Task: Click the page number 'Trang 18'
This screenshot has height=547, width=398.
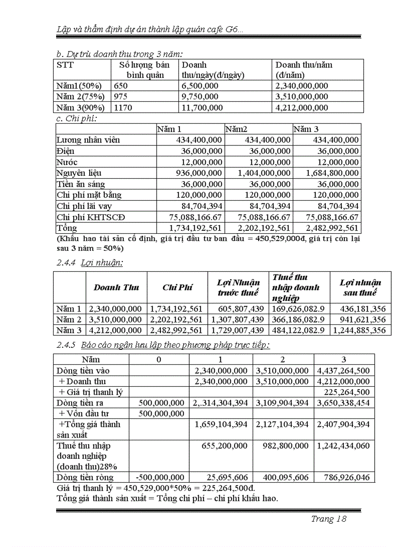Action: point(328,519)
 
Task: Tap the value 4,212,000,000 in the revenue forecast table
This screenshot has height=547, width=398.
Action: point(301,108)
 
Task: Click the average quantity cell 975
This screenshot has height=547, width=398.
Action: point(120,97)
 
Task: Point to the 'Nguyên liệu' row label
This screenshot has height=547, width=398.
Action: point(79,173)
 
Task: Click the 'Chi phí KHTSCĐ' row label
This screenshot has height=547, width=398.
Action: point(91,217)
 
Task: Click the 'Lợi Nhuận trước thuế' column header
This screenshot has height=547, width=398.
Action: point(238,287)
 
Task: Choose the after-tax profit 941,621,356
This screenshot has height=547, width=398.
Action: point(359,320)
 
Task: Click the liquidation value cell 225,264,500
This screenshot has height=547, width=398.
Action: point(343,392)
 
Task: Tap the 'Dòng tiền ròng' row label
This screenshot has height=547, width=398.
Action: point(85,477)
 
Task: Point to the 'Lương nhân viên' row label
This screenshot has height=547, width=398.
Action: point(88,140)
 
